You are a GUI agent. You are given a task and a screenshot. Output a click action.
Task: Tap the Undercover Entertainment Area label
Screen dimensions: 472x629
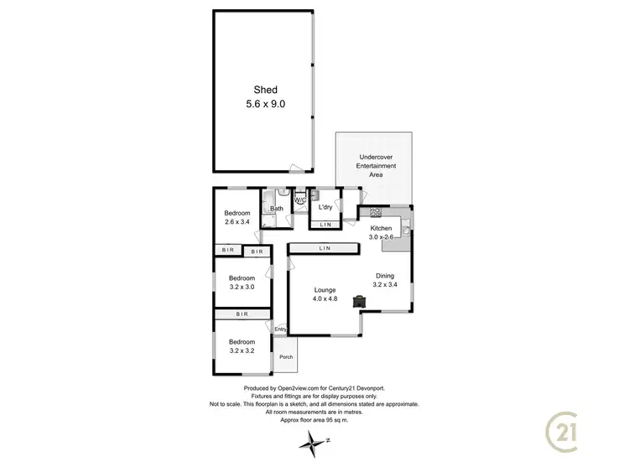click(376, 166)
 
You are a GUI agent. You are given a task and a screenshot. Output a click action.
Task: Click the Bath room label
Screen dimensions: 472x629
click(276, 208)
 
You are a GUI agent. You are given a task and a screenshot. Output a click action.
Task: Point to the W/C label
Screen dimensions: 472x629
click(299, 200)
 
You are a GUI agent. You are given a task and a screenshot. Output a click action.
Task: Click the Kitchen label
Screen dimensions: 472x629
click(382, 228)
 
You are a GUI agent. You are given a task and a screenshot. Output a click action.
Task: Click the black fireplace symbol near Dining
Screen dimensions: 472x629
click(359, 299)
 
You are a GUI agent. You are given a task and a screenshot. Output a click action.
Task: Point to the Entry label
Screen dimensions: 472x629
click(280, 329)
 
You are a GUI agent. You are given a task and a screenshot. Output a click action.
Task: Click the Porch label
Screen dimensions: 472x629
click(286, 356)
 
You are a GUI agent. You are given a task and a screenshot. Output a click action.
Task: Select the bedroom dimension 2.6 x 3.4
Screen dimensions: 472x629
click(237, 223)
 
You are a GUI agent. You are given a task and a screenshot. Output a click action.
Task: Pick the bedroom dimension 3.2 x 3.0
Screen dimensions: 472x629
click(242, 287)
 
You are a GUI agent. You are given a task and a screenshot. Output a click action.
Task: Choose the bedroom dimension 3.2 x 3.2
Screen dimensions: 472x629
click(242, 351)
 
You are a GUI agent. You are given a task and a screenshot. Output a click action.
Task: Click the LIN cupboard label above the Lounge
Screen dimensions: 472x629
click(325, 249)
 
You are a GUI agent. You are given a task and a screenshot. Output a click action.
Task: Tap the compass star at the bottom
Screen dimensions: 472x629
click(315, 441)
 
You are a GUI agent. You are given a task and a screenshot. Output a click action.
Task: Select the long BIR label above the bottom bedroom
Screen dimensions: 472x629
click(242, 314)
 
